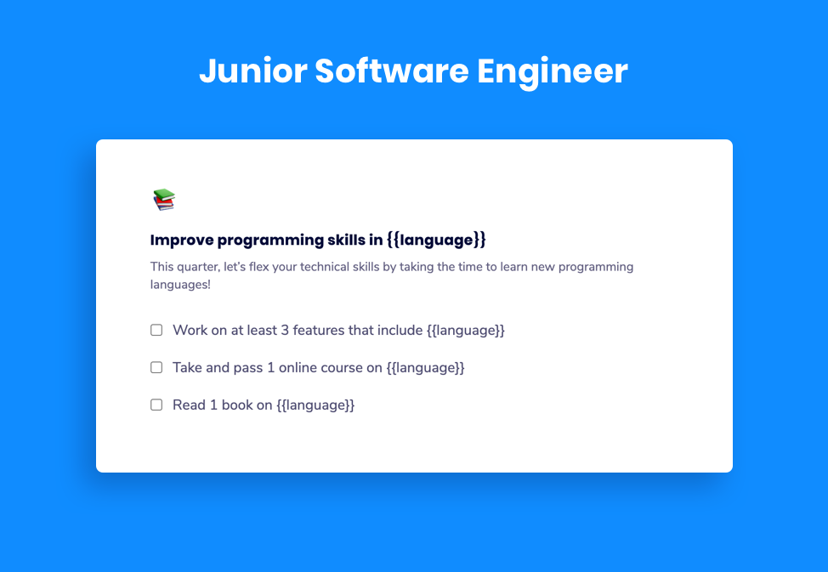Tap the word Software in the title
tap(391, 71)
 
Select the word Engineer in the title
tap(552, 71)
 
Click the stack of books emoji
tap(163, 200)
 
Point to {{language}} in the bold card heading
tap(436, 240)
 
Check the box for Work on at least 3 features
tap(156, 330)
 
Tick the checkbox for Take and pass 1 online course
tap(156, 367)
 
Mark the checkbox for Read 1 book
tap(156, 405)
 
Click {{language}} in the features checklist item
tap(466, 330)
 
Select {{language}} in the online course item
tap(426, 367)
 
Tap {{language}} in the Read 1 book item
tap(315, 405)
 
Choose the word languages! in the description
tap(180, 285)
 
